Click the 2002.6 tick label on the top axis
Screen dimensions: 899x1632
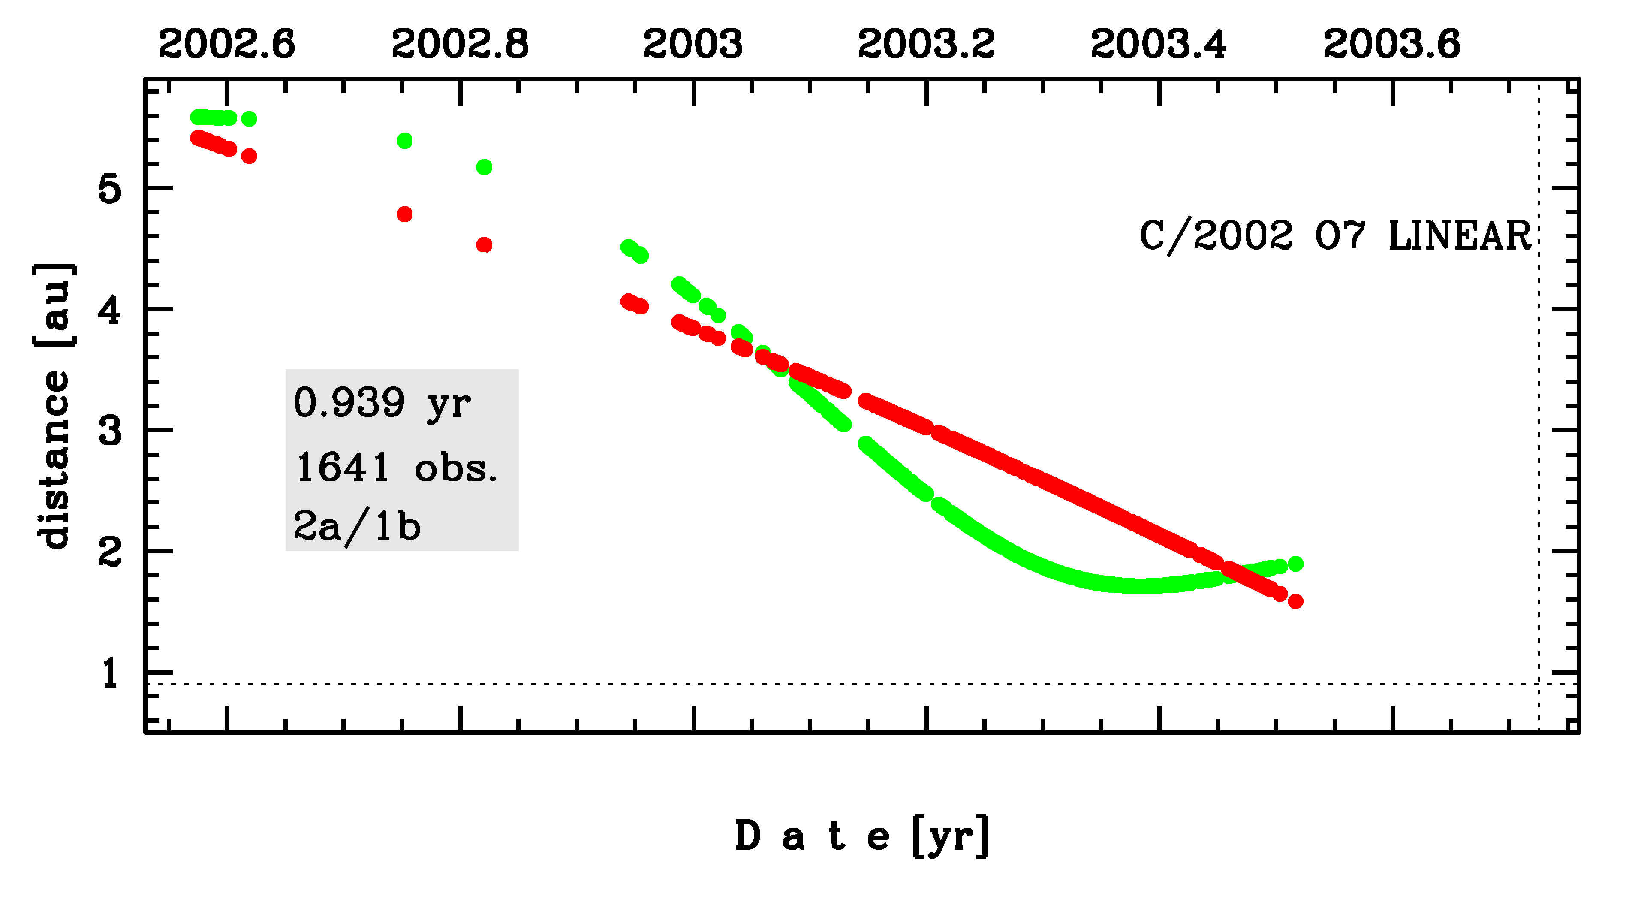tap(227, 44)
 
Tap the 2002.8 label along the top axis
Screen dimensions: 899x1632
tap(460, 44)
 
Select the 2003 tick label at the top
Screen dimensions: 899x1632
tap(693, 44)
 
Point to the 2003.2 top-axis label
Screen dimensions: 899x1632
tap(926, 44)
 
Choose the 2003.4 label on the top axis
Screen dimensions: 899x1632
tap(1159, 44)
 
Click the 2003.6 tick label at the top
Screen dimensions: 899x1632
tap(1392, 44)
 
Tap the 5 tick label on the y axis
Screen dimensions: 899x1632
tap(110, 188)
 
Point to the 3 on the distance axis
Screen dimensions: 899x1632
tap(110, 431)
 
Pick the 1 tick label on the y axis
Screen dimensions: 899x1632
tap(110, 673)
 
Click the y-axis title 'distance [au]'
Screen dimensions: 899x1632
tap(54, 405)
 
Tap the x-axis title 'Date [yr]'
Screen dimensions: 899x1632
tap(861, 836)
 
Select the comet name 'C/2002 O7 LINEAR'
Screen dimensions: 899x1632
tap(1335, 235)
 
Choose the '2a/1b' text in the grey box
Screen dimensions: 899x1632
tap(357, 526)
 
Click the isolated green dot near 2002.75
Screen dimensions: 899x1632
tap(404, 141)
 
